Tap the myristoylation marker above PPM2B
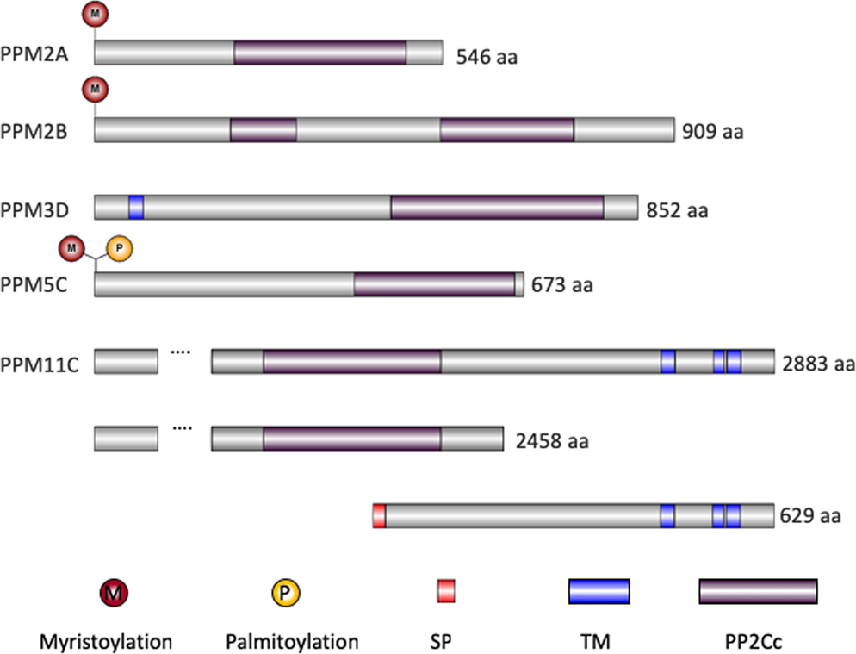[x=95, y=87]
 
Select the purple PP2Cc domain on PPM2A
[x=319, y=53]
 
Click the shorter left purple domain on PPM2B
[x=264, y=130]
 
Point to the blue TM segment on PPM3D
[x=136, y=208]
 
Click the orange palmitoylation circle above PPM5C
[x=119, y=249]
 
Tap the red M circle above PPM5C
[x=71, y=249]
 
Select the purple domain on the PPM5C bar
[x=434, y=285]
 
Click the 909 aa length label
[x=712, y=133]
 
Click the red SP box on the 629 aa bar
[x=379, y=516]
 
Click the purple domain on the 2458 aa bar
[x=351, y=439]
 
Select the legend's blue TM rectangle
[x=599, y=591]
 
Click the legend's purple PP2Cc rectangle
[x=758, y=591]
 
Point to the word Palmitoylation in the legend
[x=292, y=641]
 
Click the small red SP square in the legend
[x=445, y=591]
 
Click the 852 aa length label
[x=677, y=210]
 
